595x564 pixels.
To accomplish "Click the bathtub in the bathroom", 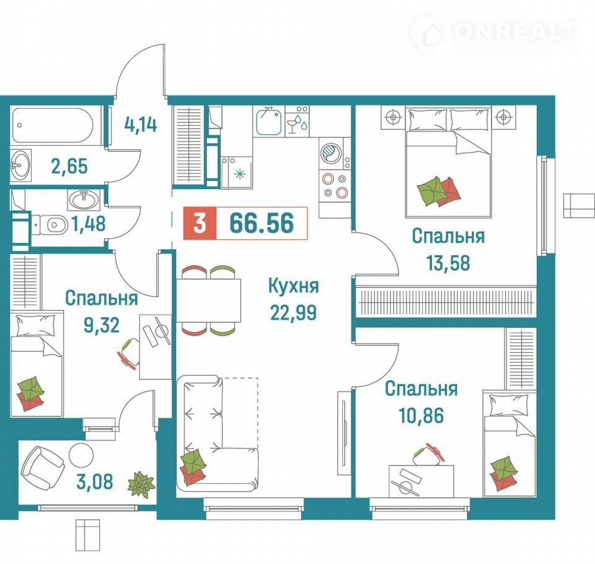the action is (x=53, y=126).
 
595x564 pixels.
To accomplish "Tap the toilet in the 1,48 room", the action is (x=50, y=226).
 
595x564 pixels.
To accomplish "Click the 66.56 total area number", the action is (x=262, y=223).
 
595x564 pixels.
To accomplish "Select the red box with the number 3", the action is (x=200, y=223).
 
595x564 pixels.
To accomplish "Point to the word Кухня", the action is (x=293, y=286).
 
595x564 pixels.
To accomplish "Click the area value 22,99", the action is (x=293, y=312).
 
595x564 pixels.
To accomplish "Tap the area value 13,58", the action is (x=448, y=263).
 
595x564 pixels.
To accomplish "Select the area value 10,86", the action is (x=421, y=415).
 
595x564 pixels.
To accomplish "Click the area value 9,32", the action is (x=101, y=325).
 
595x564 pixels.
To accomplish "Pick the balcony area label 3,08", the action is (x=94, y=482).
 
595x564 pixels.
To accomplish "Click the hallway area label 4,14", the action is (x=141, y=125).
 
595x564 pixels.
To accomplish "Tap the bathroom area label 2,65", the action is (x=69, y=166).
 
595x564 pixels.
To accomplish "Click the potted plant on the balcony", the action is (x=141, y=483).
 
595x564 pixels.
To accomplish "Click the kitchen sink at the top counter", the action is (x=268, y=121).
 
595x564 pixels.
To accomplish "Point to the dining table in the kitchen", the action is (x=208, y=300).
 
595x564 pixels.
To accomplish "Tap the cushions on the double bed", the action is (x=439, y=191).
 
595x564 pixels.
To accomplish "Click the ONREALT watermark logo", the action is (x=493, y=35).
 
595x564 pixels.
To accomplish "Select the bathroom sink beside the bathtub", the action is (x=20, y=164).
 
